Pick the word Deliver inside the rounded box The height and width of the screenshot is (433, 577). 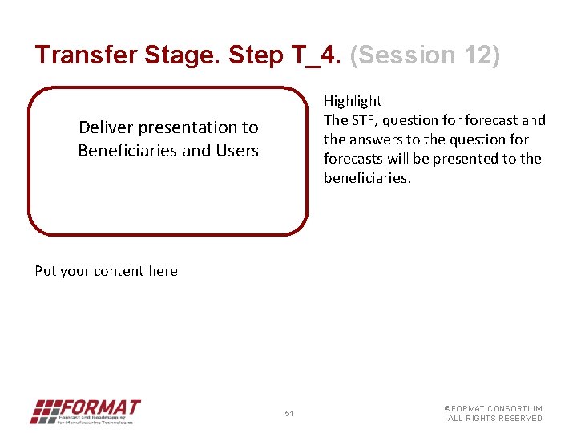click(x=106, y=127)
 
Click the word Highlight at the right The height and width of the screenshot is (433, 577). click(x=353, y=101)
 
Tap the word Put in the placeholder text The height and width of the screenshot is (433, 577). click(x=45, y=271)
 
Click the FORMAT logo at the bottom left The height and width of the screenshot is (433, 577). click(x=85, y=411)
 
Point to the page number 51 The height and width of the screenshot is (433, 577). click(x=289, y=414)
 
